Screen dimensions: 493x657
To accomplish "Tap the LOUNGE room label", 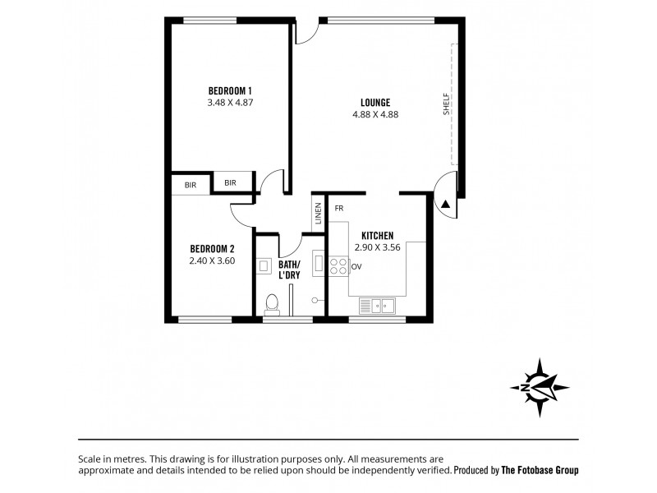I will click(x=374, y=102).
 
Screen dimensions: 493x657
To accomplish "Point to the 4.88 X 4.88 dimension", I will click(x=374, y=115).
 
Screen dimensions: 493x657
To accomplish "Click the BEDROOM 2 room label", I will click(x=212, y=249).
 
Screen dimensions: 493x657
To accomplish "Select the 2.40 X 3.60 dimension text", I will click(x=212, y=261).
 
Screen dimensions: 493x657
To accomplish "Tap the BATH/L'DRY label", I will click(x=288, y=270).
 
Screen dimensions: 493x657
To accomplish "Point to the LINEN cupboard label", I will click(x=318, y=215).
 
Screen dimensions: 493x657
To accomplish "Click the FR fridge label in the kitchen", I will click(x=338, y=209).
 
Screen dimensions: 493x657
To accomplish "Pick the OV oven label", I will click(x=356, y=266).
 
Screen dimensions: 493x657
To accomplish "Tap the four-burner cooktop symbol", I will click(x=338, y=266).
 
